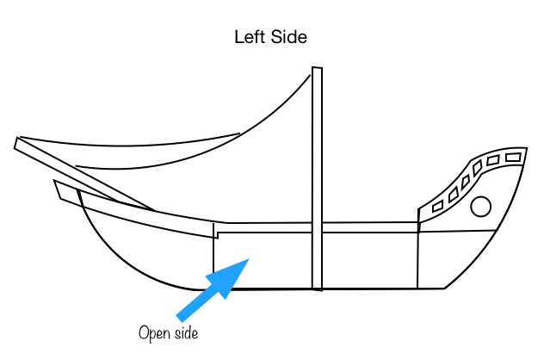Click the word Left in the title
tap(250, 38)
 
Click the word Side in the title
tap(290, 38)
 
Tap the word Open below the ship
tap(152, 332)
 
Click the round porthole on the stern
tap(481, 207)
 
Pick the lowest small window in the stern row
tap(437, 207)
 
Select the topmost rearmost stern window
tap(514, 157)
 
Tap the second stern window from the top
tap(493, 160)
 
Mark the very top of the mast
tap(317, 69)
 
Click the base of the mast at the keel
tap(318, 287)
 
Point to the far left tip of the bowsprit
tap(17, 143)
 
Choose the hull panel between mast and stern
tap(370, 259)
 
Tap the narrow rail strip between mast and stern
tap(370, 227)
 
